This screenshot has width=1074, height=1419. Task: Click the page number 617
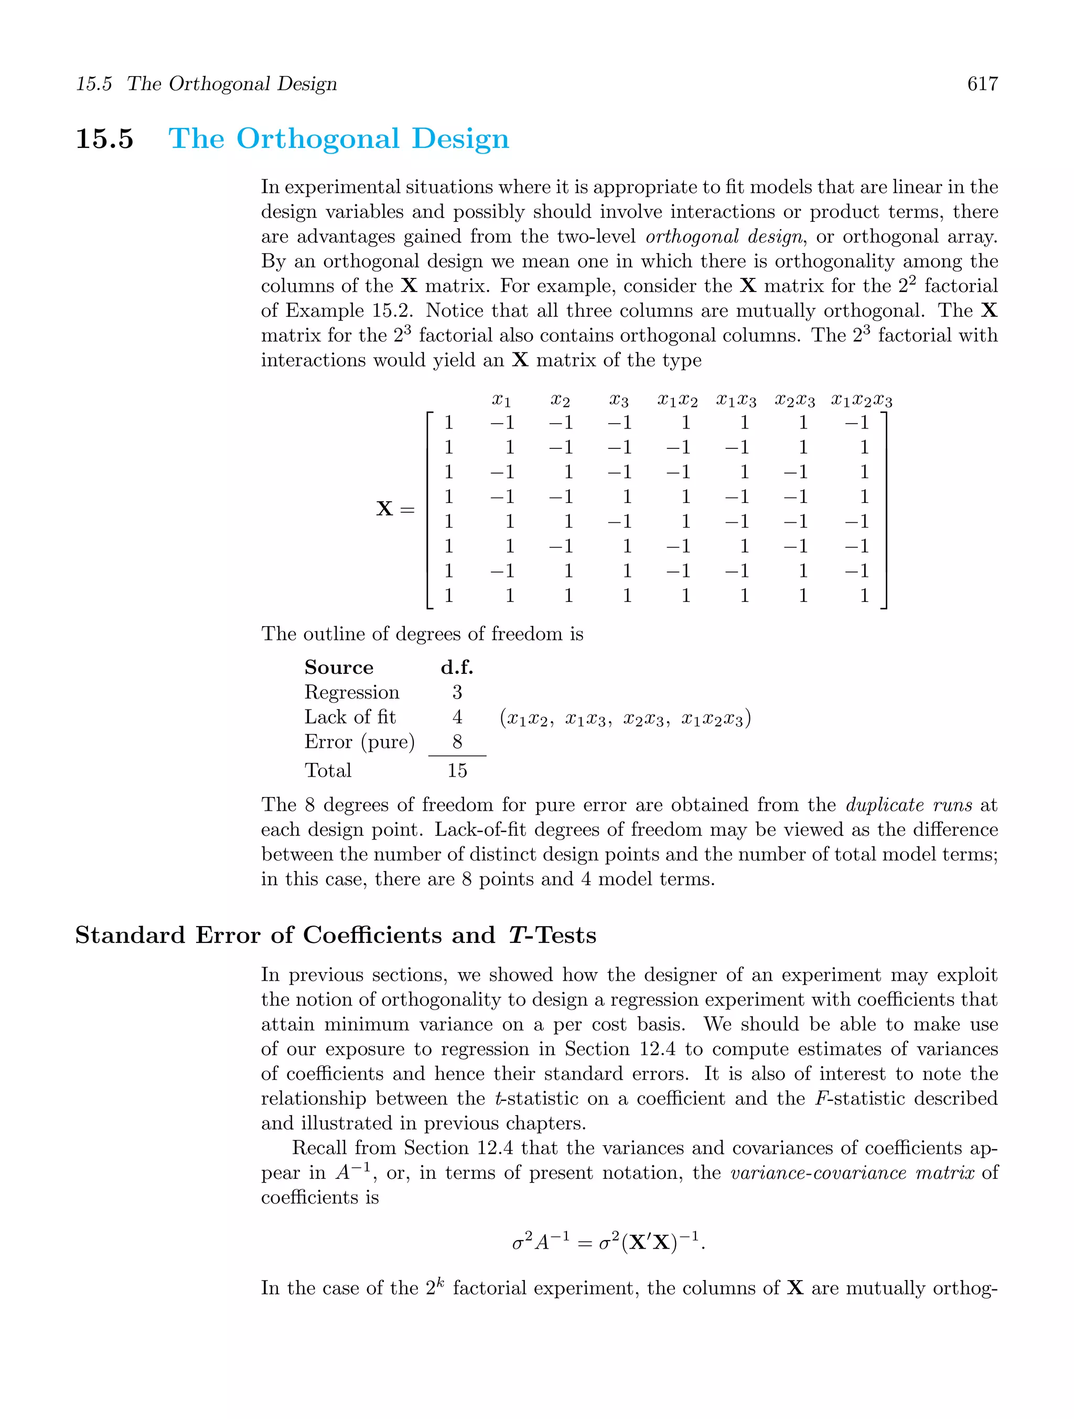[x=982, y=84]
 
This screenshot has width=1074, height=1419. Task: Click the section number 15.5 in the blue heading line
[x=104, y=139]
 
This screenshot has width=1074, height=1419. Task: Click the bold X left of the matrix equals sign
[x=384, y=509]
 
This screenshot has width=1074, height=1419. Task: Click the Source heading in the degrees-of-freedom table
[x=339, y=668]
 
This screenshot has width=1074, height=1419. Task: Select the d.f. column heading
[x=457, y=668]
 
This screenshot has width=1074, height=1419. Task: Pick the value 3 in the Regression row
[x=457, y=693]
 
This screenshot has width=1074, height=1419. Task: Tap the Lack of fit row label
[x=350, y=717]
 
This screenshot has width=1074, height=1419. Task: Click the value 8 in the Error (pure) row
[x=457, y=742]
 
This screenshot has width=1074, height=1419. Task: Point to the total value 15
[x=457, y=771]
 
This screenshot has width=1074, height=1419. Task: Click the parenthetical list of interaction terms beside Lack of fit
[x=625, y=718]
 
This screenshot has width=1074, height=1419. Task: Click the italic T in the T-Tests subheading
[x=517, y=936]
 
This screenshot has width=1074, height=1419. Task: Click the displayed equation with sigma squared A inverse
[x=608, y=1243]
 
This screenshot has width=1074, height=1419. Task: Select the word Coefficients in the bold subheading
[x=372, y=936]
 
